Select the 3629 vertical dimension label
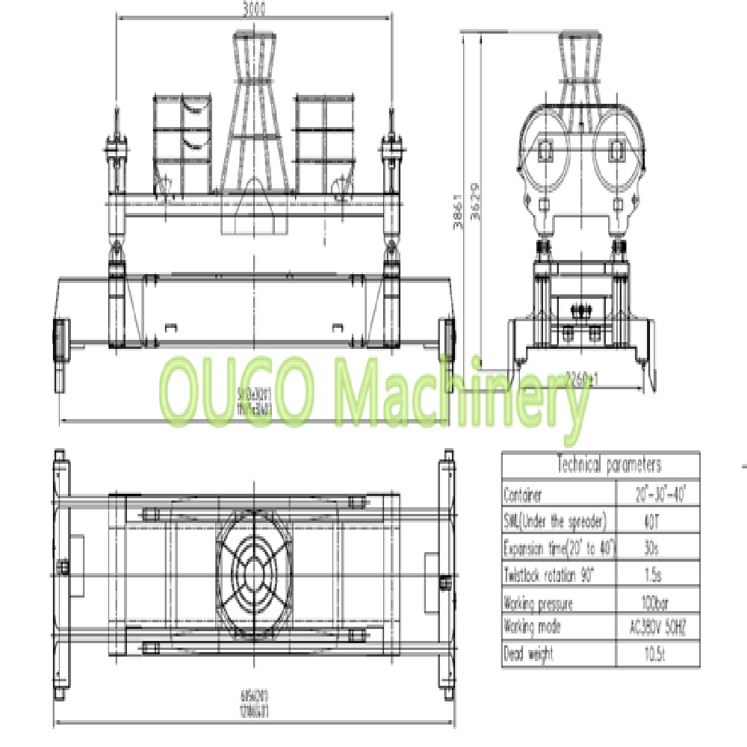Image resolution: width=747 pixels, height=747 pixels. coord(468,202)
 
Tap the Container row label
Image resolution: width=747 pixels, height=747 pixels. coord(522,495)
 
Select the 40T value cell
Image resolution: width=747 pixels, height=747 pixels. coord(650,521)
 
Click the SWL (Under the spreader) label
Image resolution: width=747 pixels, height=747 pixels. coord(554,521)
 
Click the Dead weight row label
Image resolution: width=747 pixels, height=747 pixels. coord(529,654)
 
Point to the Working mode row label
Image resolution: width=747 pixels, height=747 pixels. coord(532,627)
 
